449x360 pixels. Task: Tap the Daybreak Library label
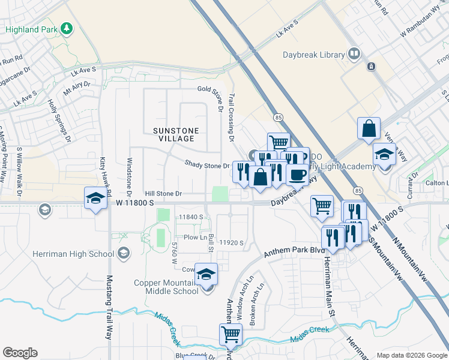point(314,55)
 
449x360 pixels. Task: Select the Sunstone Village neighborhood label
point(173,134)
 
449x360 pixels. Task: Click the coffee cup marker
point(297,174)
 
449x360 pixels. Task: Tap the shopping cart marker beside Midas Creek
point(231,334)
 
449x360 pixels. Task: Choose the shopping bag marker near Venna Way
point(369,128)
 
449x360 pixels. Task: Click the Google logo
point(20,353)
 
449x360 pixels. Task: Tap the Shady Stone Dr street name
point(207,164)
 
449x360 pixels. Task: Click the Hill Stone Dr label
point(163,194)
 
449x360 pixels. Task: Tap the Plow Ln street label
point(195,238)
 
